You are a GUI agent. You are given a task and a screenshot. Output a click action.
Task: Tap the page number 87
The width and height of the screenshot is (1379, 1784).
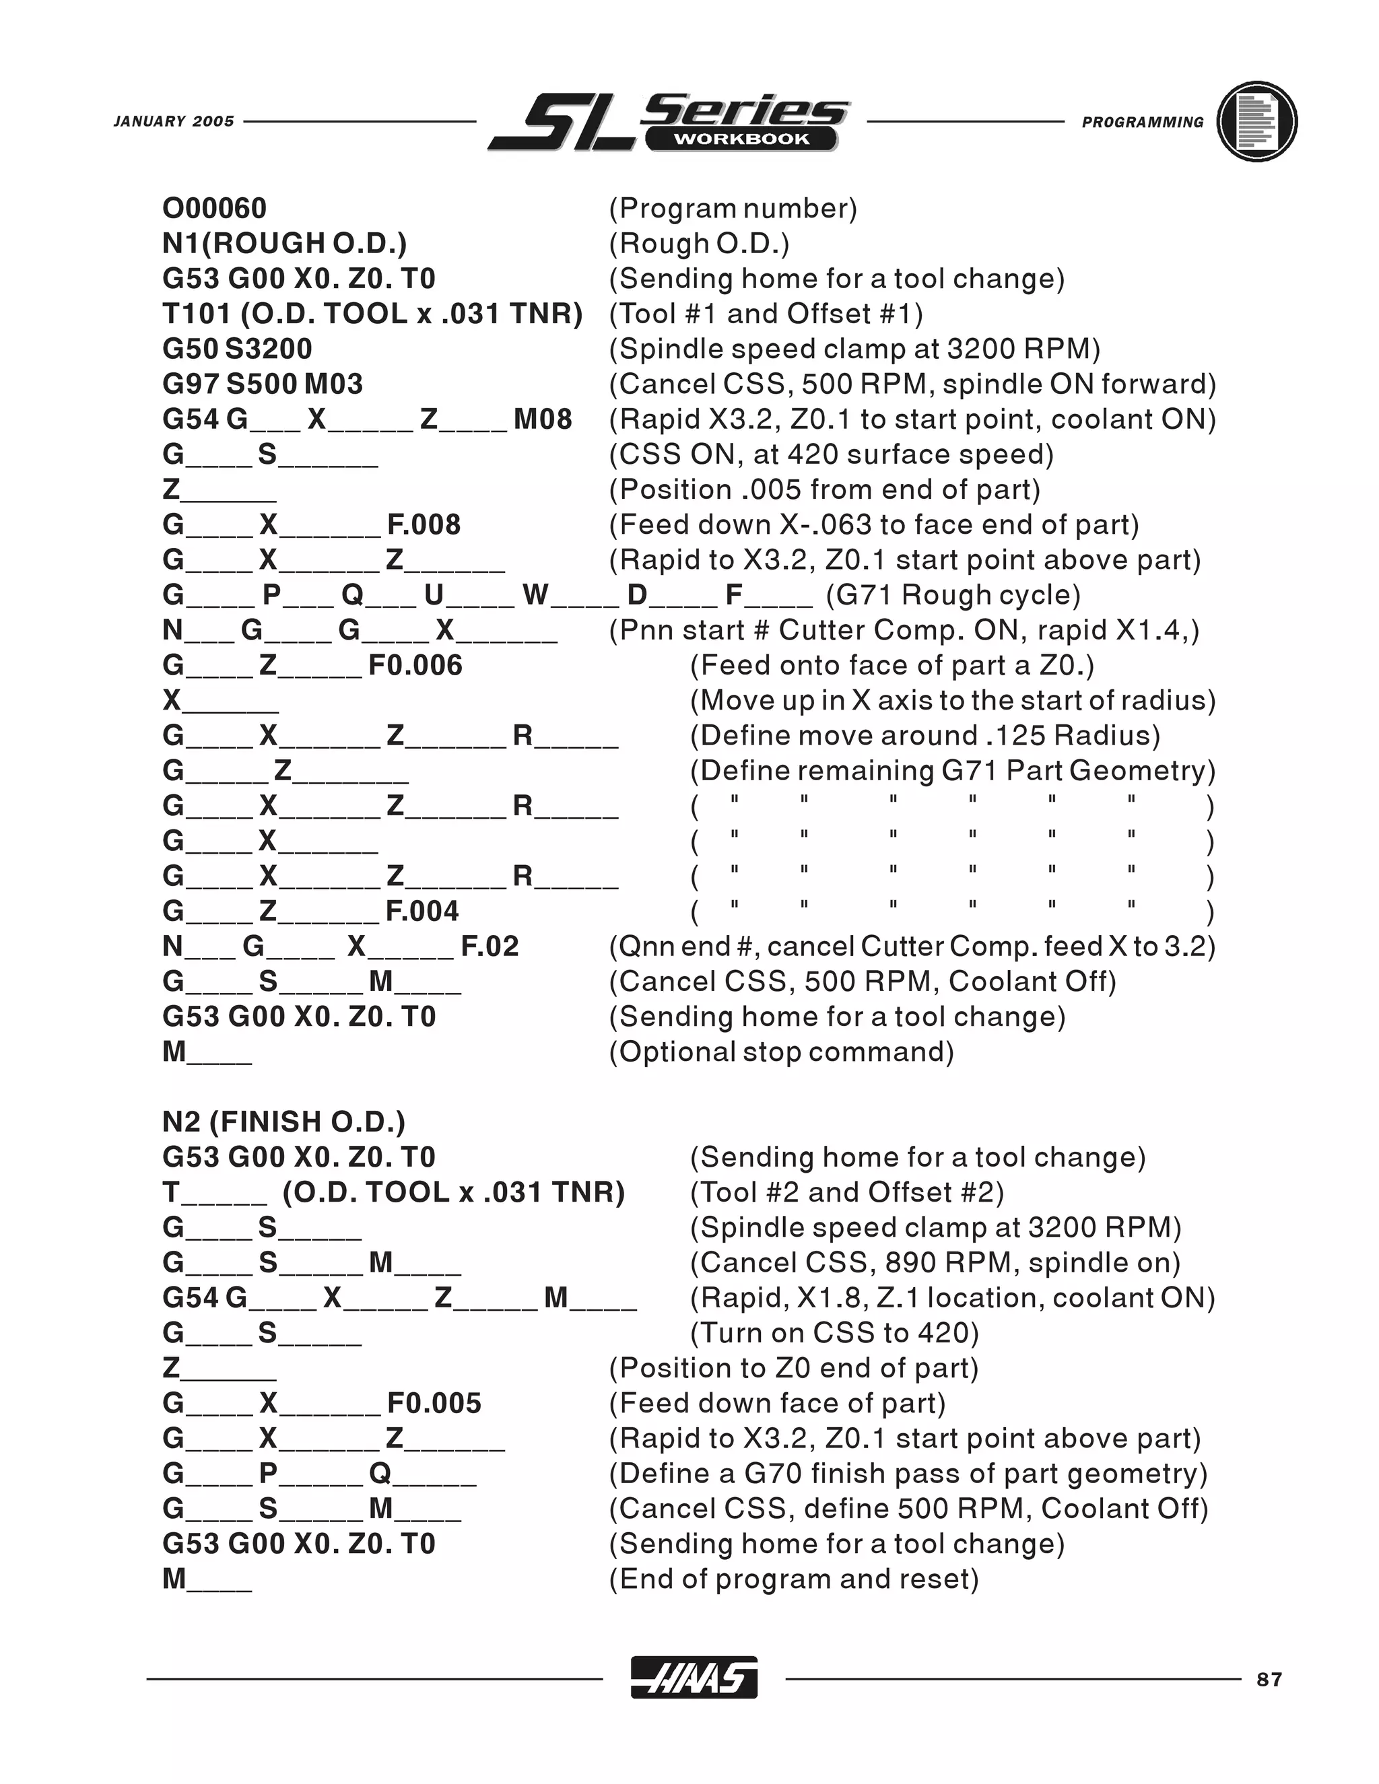coord(1269,1680)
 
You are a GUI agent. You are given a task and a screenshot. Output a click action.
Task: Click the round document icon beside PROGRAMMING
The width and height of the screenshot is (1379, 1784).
coord(1256,122)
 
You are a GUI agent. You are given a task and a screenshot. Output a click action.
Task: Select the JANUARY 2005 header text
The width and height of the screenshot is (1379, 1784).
coord(174,122)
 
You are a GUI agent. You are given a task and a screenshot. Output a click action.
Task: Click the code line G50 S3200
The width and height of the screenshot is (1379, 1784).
coord(237,349)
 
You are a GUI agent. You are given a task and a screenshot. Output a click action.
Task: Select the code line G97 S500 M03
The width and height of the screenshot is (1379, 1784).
coord(262,384)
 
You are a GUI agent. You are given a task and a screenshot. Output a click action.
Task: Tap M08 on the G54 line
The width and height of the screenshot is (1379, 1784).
coord(543,419)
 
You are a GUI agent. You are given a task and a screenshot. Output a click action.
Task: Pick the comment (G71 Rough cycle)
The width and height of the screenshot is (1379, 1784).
coord(953,594)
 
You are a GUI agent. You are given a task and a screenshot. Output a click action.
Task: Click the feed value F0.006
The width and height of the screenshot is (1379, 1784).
coord(415,665)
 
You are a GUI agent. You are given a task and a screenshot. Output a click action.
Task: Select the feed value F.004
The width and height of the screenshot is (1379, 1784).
coord(422,911)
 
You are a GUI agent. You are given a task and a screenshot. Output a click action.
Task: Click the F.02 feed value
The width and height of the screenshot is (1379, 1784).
coord(490,946)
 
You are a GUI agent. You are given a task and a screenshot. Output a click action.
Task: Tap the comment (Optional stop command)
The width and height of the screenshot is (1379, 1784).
coord(781,1052)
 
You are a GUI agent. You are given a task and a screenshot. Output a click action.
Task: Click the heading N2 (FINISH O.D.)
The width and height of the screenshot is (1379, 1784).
coord(283,1122)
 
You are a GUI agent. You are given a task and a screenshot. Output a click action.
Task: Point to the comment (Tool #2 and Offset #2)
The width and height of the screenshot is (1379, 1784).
coord(846,1192)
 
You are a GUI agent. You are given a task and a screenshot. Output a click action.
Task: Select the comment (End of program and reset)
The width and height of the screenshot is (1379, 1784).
coord(793,1578)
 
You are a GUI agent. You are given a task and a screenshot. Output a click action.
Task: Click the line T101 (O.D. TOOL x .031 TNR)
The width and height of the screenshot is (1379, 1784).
coord(372,314)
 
